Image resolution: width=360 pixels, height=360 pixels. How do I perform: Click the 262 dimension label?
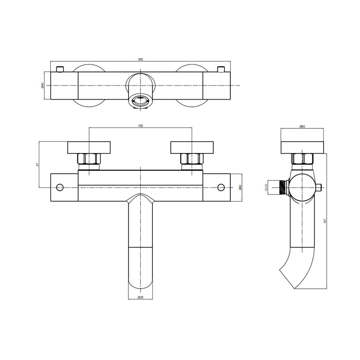[140, 59]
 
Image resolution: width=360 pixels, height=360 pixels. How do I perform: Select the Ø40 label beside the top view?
[42, 85]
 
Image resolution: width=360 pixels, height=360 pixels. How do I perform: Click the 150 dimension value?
[140, 126]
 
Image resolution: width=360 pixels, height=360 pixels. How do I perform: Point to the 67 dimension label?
[37, 164]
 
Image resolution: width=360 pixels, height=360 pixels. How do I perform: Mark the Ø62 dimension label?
[302, 126]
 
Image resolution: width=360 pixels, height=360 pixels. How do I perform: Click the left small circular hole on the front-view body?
[60, 187]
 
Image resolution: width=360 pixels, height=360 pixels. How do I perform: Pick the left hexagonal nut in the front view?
[89, 159]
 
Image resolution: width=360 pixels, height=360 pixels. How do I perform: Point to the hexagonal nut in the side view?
[302, 159]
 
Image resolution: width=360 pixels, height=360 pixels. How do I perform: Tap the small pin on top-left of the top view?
[61, 69]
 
